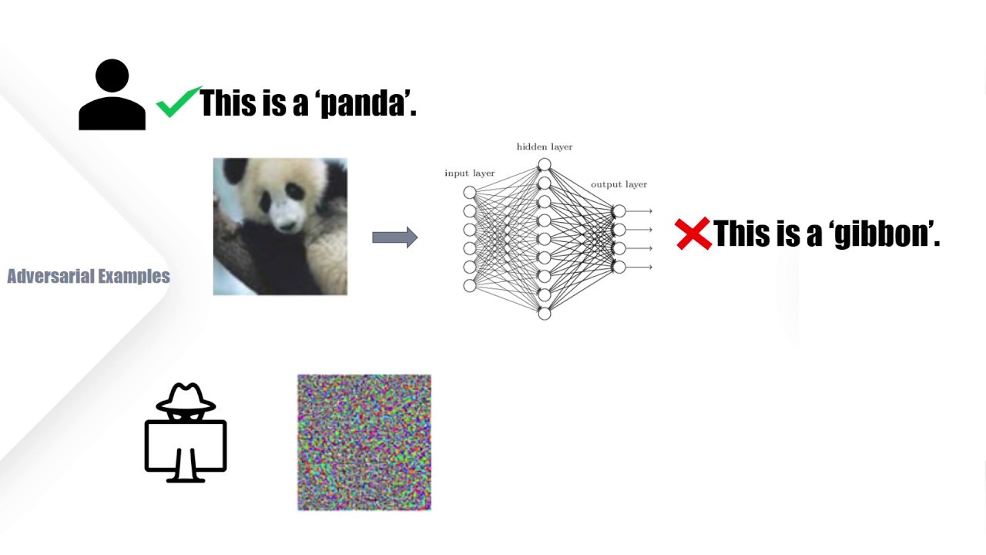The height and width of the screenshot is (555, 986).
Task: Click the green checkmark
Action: click(x=179, y=102)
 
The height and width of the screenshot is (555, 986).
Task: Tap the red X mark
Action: click(x=693, y=234)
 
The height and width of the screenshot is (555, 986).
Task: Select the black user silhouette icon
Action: click(x=112, y=95)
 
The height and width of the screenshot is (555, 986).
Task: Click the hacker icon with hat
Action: click(x=186, y=433)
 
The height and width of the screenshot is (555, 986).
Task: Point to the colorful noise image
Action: click(x=364, y=442)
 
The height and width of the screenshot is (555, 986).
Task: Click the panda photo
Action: click(x=280, y=227)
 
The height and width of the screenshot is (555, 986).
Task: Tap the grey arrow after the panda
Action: click(x=394, y=237)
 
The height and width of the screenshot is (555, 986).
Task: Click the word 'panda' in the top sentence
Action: click(x=362, y=103)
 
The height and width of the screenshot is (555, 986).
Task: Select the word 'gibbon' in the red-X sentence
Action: click(x=881, y=234)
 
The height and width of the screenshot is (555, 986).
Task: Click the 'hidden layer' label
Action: click(x=545, y=146)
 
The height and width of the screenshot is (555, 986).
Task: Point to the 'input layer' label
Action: click(x=470, y=173)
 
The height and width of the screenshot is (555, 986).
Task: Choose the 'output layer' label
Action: click(x=619, y=185)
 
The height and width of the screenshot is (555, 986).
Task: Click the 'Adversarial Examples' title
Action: click(x=89, y=276)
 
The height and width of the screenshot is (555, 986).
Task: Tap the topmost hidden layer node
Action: click(x=545, y=164)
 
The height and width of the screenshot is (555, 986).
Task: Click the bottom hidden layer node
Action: click(x=545, y=313)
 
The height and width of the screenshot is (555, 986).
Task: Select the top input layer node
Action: click(x=470, y=192)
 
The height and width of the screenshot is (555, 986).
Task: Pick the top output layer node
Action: click(x=619, y=210)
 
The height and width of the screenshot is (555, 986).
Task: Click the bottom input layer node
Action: click(x=470, y=286)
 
